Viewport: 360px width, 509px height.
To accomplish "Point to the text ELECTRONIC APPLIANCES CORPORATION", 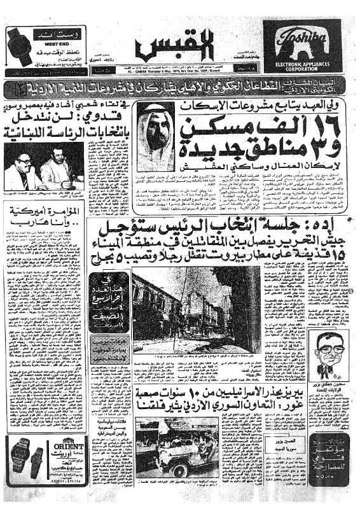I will point(301,64).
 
